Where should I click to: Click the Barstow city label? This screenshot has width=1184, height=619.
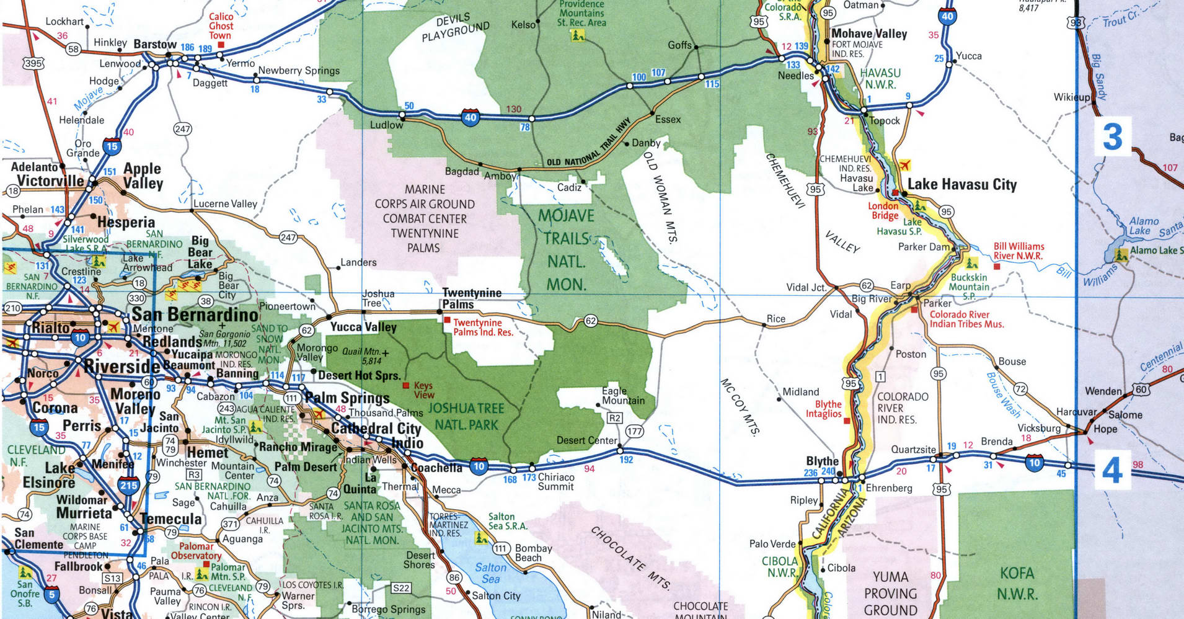(155, 44)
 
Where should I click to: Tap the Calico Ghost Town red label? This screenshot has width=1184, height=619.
(221, 26)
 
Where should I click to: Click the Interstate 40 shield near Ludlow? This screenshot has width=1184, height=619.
(471, 117)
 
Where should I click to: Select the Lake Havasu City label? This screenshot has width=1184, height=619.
(961, 184)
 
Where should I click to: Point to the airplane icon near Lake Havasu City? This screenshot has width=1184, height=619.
(904, 166)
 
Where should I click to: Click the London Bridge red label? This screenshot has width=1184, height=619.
(884, 211)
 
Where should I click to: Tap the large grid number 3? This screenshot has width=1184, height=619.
(1112, 137)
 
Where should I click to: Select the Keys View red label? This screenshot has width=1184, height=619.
(424, 390)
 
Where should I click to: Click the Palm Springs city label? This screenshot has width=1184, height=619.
(347, 398)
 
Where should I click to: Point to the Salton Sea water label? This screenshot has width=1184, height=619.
(490, 573)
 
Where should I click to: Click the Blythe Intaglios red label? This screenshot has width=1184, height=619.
(823, 409)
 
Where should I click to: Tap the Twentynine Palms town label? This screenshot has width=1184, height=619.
(471, 298)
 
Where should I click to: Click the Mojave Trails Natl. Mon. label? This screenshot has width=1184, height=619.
(565, 250)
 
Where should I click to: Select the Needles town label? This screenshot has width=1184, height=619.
(795, 76)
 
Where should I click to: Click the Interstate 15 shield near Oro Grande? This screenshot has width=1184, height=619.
(112, 146)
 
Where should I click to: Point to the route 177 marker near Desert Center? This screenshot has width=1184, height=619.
(634, 431)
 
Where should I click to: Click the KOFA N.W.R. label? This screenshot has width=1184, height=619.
(1017, 583)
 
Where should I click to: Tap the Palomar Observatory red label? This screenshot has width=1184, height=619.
(196, 551)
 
